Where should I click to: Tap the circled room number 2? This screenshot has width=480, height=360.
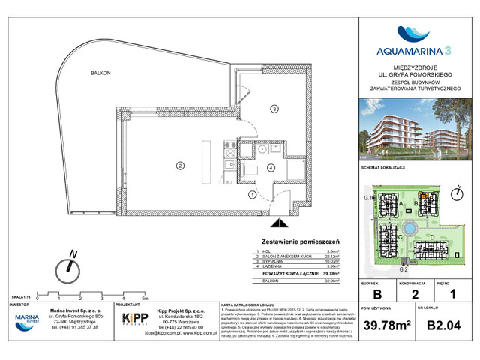point(180,165)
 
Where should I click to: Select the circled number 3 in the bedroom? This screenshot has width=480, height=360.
point(274,109)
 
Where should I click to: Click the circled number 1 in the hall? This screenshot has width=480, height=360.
point(253,195)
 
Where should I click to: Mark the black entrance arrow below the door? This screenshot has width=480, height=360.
point(279,223)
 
